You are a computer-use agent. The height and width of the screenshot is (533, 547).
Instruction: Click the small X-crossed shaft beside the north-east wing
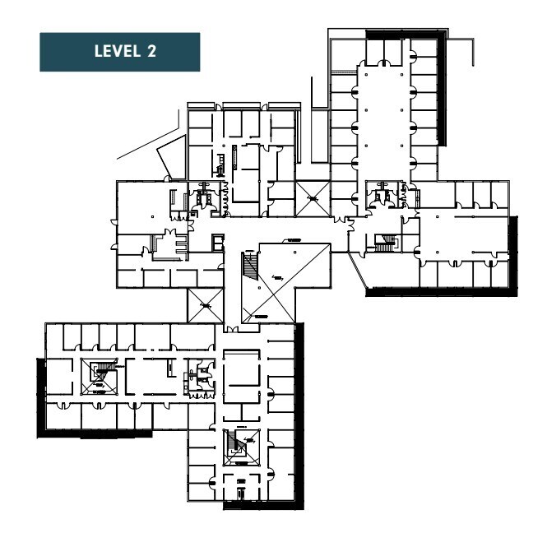(x=312, y=195)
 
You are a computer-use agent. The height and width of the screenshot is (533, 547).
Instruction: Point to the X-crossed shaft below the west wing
(x=203, y=306)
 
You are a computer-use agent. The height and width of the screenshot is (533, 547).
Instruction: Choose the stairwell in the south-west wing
(x=103, y=377)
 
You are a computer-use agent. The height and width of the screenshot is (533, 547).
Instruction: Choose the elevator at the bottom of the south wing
(x=241, y=494)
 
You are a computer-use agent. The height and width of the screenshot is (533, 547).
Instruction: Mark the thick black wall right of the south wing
(x=299, y=411)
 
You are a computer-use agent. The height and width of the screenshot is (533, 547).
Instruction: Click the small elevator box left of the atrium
(x=217, y=242)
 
